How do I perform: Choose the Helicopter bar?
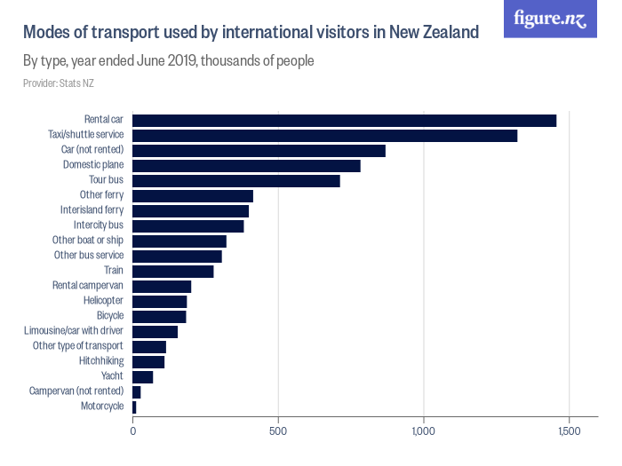pos(160,301)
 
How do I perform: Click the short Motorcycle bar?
pos(135,407)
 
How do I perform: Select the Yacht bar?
pos(143,376)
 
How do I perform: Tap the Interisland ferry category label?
pos(92,210)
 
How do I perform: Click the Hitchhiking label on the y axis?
pos(101,361)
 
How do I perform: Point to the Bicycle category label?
pos(110,316)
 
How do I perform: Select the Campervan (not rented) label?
pos(76,391)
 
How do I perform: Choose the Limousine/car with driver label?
pos(75,331)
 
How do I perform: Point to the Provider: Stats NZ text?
pos(59,83)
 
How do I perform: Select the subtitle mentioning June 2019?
pos(169,62)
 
